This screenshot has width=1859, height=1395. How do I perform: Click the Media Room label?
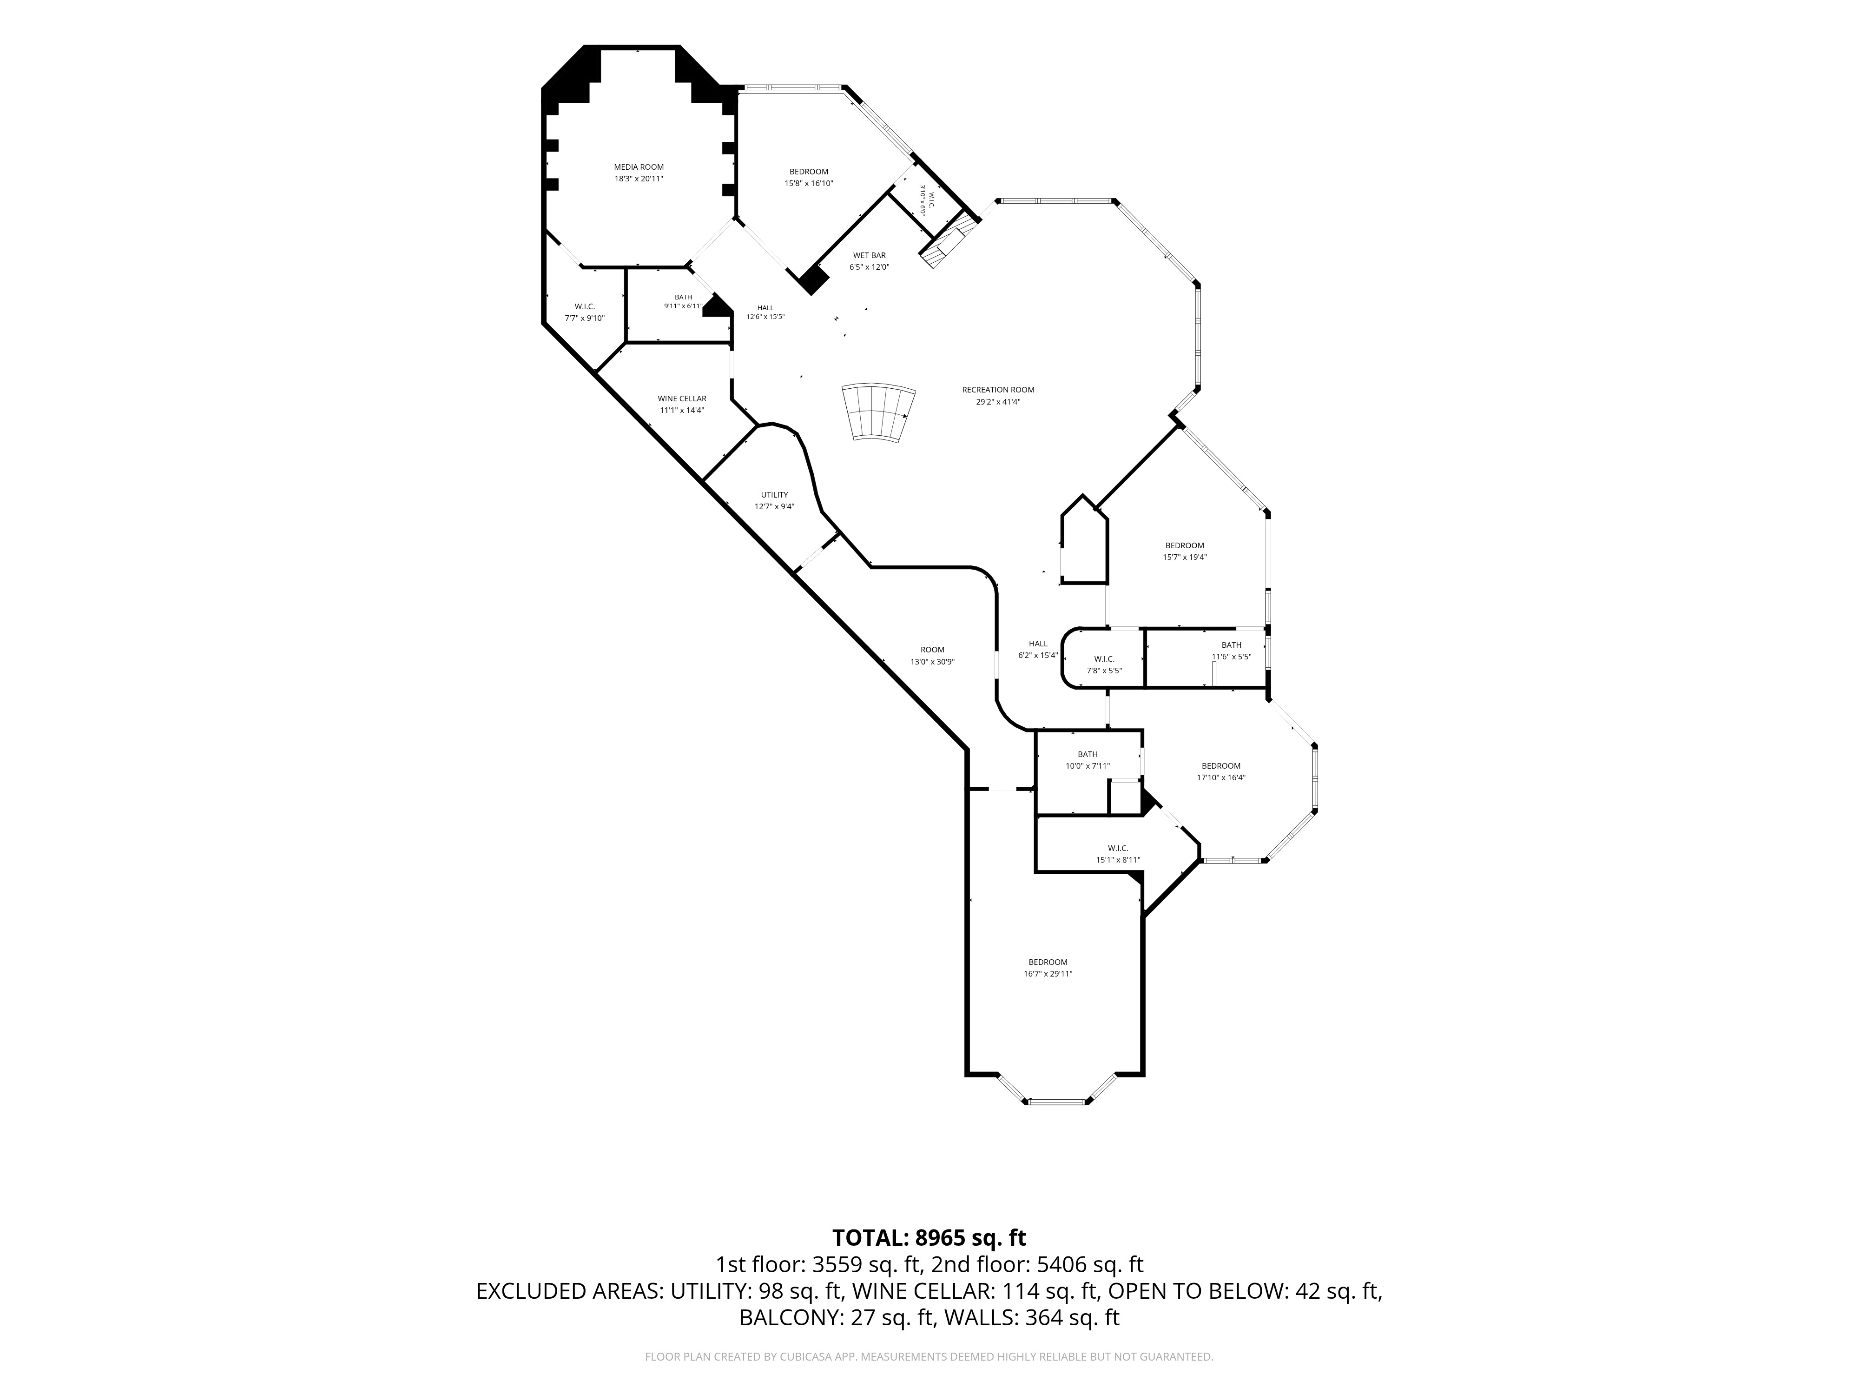[639, 166]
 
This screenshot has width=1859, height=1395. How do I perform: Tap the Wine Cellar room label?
[682, 399]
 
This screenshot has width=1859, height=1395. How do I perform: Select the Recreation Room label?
[998, 389]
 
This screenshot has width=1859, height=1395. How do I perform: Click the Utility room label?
[774, 494]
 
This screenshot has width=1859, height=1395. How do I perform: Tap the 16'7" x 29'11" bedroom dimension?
[1048, 974]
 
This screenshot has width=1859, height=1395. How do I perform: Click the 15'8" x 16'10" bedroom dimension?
[809, 183]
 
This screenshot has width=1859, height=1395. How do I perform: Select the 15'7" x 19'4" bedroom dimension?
[1185, 557]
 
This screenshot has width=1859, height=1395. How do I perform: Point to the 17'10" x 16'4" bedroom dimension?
[1221, 778]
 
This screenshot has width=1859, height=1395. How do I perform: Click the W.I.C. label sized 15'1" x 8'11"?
[1118, 848]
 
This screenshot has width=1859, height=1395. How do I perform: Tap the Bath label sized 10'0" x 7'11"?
[1088, 754]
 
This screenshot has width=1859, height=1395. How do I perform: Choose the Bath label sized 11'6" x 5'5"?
[1231, 645]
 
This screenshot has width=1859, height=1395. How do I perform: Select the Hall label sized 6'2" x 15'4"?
[1038, 643]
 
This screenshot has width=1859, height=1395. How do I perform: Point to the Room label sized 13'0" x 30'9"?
[932, 649]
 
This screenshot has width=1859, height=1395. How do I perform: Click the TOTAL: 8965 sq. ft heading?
[929, 1238]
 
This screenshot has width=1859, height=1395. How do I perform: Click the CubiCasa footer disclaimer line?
[929, 1356]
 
